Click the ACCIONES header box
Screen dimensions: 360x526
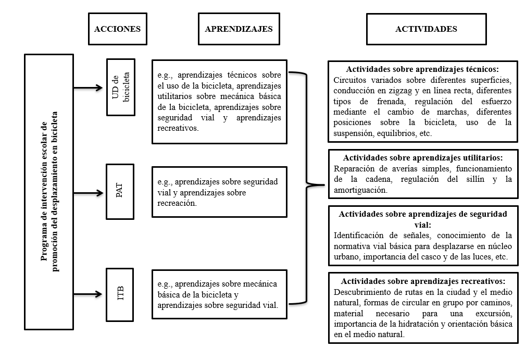[x=117, y=29]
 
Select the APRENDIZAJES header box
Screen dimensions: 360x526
[x=239, y=29]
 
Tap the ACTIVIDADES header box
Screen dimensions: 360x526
[x=426, y=29]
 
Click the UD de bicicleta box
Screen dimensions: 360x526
[x=120, y=87]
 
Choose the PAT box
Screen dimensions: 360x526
[x=120, y=192]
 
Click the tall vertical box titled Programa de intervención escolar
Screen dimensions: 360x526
[x=49, y=191]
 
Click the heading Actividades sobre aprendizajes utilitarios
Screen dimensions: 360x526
[x=422, y=157]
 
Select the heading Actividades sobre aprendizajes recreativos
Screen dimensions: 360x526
[x=422, y=280]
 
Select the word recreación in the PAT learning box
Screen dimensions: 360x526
[x=177, y=203]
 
